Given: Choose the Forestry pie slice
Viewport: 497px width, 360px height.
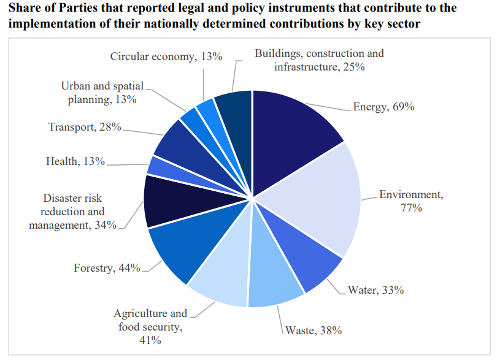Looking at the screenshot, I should tap(181, 248).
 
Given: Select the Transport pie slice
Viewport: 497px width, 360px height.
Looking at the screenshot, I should tap(175, 141).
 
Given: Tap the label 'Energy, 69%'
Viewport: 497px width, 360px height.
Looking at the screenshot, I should tap(384, 107).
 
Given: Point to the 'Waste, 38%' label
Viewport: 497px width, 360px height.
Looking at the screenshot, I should tap(314, 331).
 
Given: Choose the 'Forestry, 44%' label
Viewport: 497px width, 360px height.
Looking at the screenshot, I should tap(107, 269).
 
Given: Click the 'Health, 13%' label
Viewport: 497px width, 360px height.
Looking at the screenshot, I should tap(75, 162).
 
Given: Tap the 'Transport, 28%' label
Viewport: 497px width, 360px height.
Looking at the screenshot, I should tap(85, 128).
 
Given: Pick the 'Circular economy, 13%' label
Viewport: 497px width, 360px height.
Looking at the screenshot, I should tap(166, 56).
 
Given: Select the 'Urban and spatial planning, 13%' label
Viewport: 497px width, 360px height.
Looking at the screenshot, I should tap(102, 93).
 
